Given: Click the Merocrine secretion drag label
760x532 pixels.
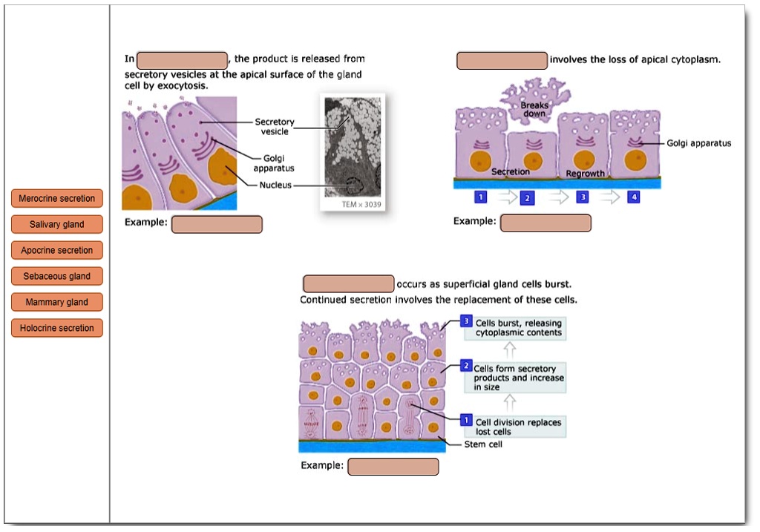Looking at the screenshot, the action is pos(56,198).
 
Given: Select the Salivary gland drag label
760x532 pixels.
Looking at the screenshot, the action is pos(56,224).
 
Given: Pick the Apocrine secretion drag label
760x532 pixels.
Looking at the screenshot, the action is pos(56,250).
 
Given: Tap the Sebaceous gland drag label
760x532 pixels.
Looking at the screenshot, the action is pos(56,276).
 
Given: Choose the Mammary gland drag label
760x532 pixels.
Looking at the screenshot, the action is pos(56,302).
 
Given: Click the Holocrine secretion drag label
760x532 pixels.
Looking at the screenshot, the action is pos(56,328).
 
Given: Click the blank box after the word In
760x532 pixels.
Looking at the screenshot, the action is pos(183,61).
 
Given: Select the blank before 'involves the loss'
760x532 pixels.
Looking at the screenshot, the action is pos(502,61).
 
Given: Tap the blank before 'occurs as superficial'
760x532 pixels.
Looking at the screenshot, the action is pos(349,284).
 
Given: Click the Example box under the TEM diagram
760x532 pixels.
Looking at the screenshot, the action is pos(217,224).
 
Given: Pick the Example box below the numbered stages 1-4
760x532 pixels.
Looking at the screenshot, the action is pos(546,223).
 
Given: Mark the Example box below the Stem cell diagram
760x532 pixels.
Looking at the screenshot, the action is pos(393,467).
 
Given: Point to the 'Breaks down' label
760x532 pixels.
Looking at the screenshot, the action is pos(534,109).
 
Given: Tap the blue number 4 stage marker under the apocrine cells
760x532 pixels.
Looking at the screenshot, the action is pos(634,197).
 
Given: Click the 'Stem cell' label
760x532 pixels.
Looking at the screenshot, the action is pos(483,444).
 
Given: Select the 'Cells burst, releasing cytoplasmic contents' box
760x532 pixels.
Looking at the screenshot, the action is pos(516,328).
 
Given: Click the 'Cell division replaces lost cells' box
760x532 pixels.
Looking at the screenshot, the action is pos(516,427).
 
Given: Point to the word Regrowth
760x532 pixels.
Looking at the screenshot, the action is pos(585,174).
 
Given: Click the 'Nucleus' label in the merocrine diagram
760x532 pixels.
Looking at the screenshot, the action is pos(275,185).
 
